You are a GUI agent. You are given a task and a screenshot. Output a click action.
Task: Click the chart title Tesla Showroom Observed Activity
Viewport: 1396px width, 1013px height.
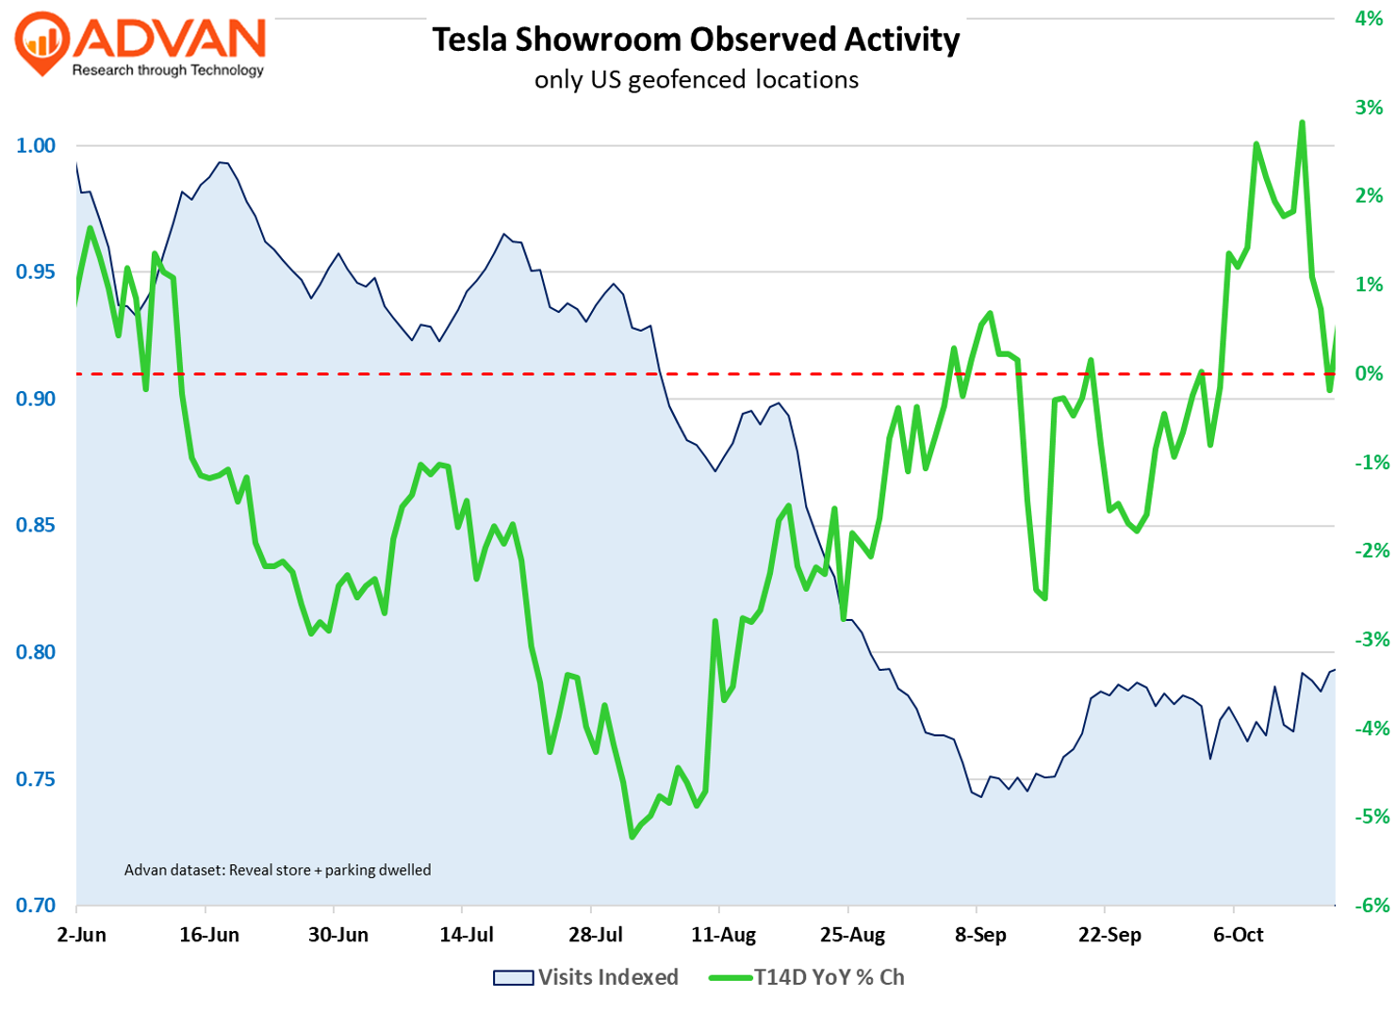coord(696,40)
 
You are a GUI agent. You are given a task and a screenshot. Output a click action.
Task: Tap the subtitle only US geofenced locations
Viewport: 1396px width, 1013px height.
coord(696,80)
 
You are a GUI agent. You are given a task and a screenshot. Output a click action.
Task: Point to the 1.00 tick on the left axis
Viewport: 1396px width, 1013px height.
coord(37,146)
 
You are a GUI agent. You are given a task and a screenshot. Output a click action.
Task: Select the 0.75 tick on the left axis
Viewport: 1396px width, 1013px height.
coord(37,779)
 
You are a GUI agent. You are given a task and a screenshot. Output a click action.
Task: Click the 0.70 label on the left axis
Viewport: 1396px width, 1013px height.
coord(37,906)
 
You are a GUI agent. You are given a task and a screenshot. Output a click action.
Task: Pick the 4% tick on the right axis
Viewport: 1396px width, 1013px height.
coord(1369,19)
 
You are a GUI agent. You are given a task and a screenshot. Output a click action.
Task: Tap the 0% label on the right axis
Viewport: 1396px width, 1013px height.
coord(1369,374)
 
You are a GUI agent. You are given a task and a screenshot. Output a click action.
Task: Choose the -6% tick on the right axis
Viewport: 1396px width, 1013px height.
coord(1367,906)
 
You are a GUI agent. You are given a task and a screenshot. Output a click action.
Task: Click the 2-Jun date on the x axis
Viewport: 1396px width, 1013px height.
coord(81,936)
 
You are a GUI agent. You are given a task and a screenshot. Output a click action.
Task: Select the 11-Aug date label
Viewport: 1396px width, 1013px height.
coord(724,936)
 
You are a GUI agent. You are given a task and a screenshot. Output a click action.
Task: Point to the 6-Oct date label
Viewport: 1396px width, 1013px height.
coord(1238,936)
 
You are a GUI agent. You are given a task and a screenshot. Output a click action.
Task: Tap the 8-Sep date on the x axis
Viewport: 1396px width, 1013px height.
coord(980,936)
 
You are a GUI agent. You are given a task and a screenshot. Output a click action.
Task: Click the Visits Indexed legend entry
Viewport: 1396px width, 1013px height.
coord(585,977)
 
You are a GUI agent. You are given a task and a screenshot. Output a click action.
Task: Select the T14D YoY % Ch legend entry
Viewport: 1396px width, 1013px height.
coord(807,977)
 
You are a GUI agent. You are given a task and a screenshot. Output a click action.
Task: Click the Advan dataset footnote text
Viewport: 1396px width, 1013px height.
coord(277,870)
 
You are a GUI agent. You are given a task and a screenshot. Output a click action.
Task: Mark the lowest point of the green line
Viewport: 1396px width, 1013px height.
coord(632,837)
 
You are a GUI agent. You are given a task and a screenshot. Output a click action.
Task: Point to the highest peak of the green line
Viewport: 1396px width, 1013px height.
coord(1302,123)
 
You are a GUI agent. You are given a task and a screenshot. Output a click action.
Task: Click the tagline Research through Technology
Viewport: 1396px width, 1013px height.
coord(168,71)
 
